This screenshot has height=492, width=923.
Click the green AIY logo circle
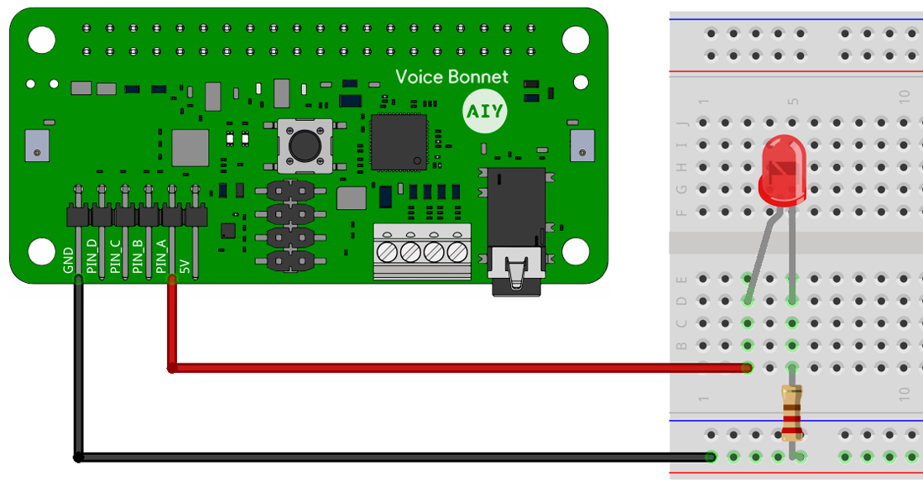point(484,112)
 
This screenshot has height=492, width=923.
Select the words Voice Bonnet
point(451,76)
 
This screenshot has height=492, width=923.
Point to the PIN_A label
point(161,258)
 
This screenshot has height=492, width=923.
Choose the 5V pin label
point(185,266)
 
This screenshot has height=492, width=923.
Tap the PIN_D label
point(91,258)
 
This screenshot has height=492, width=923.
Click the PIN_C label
point(115,258)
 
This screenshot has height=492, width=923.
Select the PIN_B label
point(138,258)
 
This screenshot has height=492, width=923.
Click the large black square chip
point(399,142)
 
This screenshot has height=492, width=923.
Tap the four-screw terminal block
point(422,251)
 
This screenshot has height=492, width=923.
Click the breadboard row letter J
point(681,123)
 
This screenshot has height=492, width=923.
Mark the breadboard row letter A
point(681,368)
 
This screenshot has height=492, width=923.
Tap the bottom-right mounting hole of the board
point(575,250)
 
